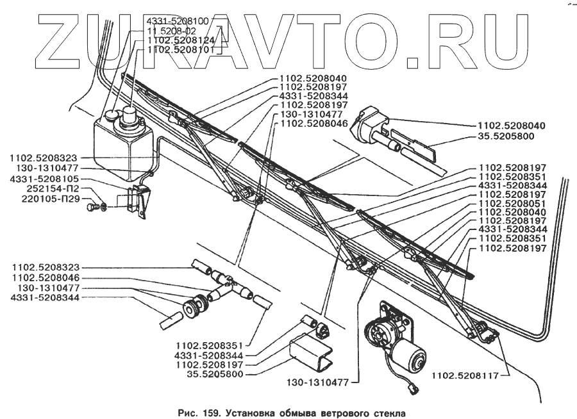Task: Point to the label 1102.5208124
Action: coord(181,39)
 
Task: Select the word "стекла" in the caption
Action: coord(389,413)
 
